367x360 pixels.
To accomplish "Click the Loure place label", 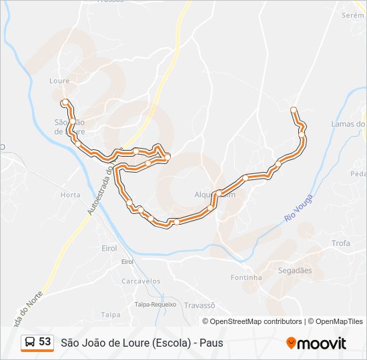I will pos(59,81).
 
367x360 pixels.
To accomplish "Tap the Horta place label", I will pos(70,195).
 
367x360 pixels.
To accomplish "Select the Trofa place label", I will pos(340,243).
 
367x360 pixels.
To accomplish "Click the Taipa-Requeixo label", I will pos(155,304).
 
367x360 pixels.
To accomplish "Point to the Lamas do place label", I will pos(348,124).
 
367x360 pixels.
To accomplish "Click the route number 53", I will pos(45,342).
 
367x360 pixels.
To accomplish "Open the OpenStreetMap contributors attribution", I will pos(256,321).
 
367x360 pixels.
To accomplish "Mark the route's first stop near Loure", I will pos(65,103).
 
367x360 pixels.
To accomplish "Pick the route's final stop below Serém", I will pos(294,109).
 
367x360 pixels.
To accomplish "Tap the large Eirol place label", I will pos(109,248).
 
